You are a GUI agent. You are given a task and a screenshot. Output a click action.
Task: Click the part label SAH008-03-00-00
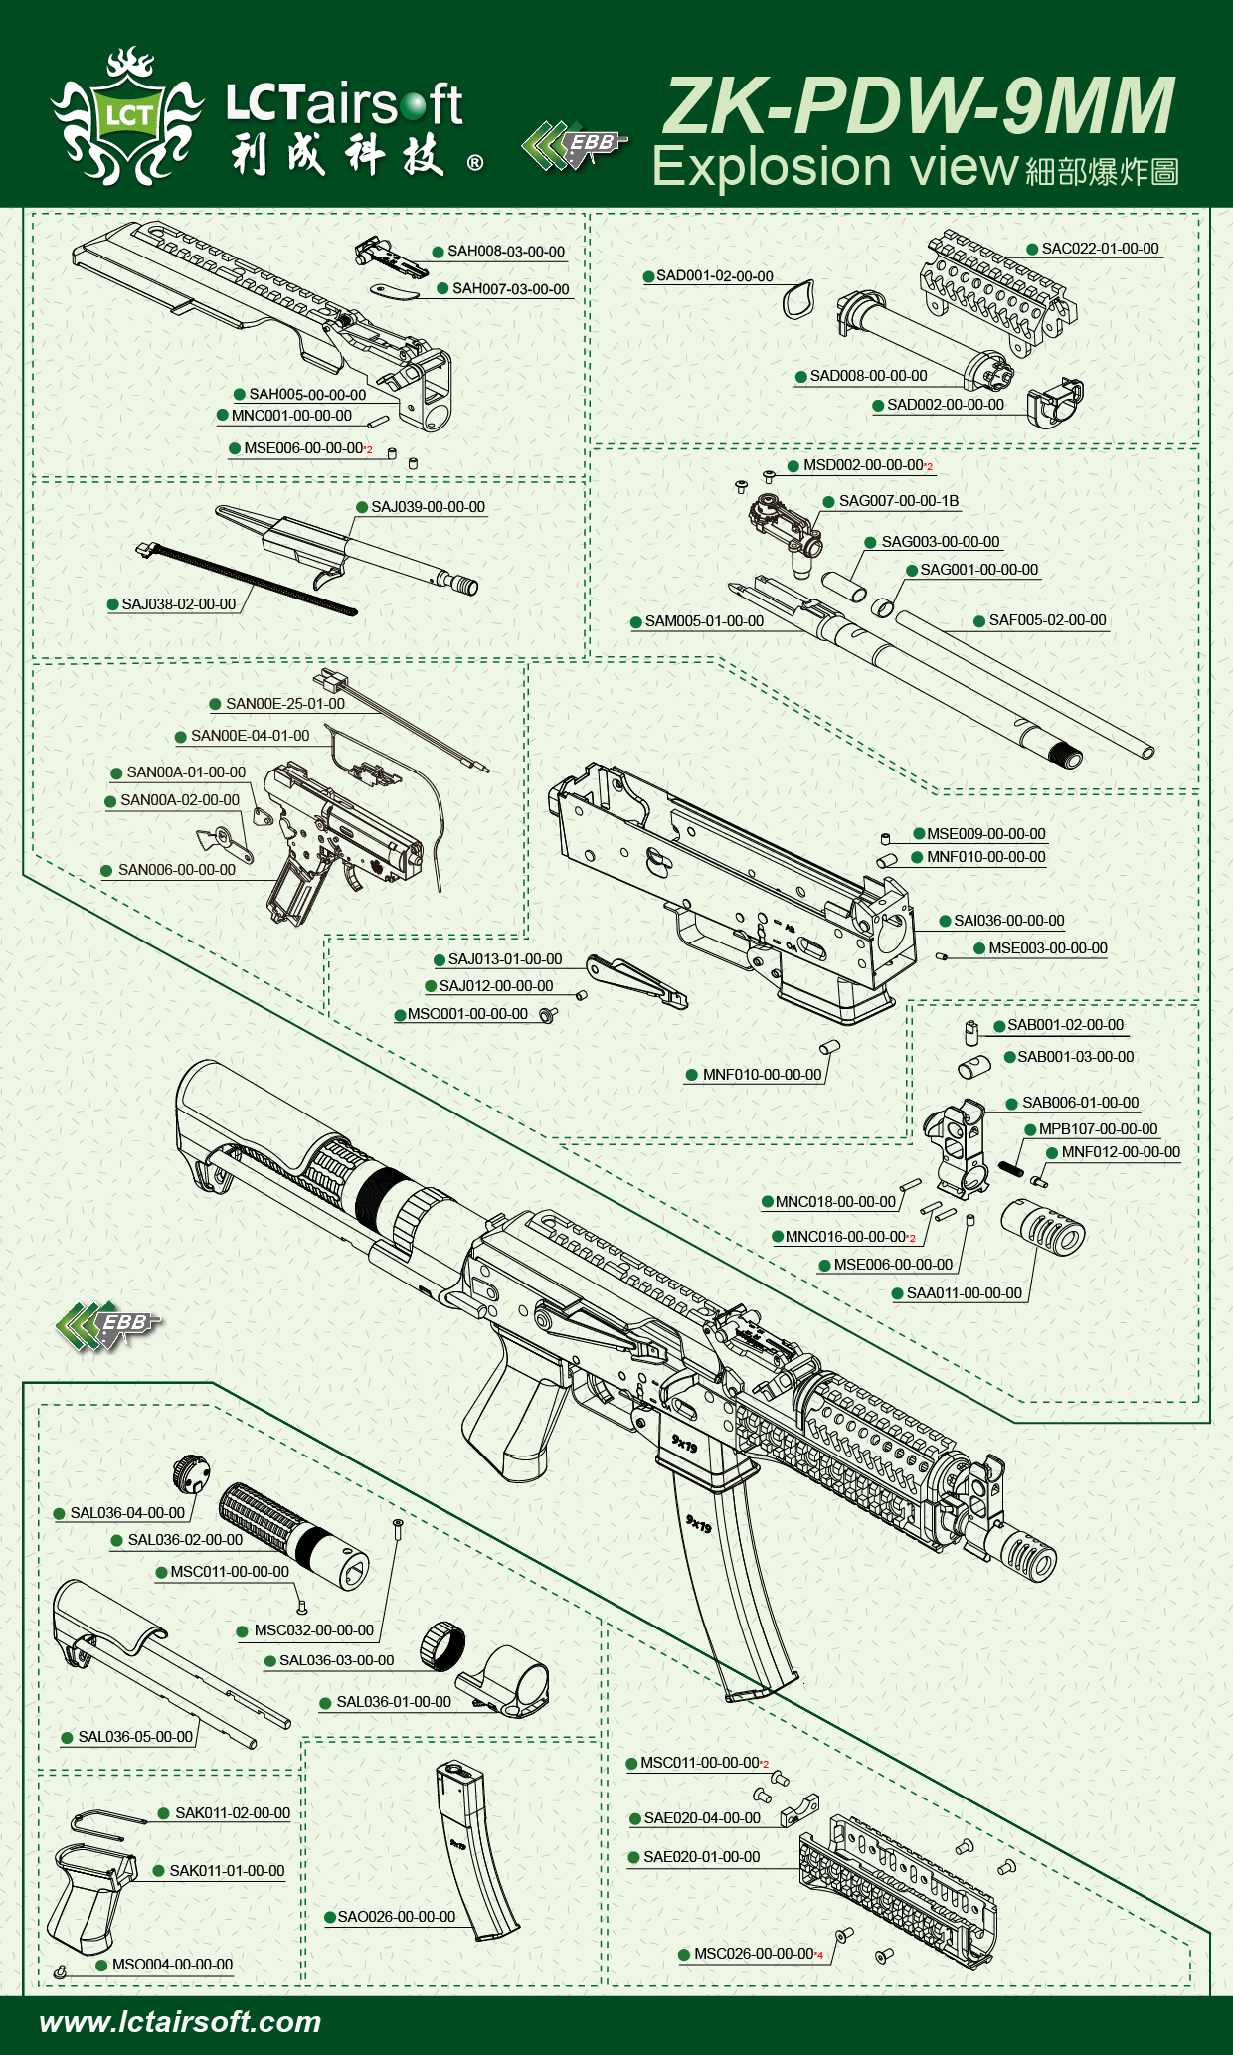click(x=505, y=252)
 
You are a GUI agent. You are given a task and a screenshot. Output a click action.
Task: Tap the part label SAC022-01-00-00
click(x=1100, y=249)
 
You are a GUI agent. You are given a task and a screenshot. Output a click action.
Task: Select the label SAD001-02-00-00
click(x=714, y=276)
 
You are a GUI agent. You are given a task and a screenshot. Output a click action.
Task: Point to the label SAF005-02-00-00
click(x=1047, y=620)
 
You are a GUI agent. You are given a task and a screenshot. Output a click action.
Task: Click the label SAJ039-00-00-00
click(x=428, y=507)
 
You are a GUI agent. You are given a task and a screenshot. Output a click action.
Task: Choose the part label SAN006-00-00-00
click(x=176, y=870)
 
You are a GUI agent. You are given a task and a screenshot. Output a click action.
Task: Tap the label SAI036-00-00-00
click(x=1008, y=921)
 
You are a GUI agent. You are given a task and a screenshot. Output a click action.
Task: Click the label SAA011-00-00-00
click(x=964, y=1293)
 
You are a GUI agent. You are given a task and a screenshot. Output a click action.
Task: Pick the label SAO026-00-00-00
click(x=396, y=1917)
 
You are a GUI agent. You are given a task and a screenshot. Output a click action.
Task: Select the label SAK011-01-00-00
click(x=227, y=1871)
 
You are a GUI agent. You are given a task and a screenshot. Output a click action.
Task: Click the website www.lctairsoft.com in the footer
click(x=180, y=2022)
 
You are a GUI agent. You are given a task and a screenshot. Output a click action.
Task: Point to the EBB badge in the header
click(x=574, y=145)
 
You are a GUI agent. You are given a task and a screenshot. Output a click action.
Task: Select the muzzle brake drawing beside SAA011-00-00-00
click(x=1043, y=1225)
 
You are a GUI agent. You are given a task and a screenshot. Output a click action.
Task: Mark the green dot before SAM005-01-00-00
click(x=635, y=622)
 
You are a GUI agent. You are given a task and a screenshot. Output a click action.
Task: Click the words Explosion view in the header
click(x=835, y=166)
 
